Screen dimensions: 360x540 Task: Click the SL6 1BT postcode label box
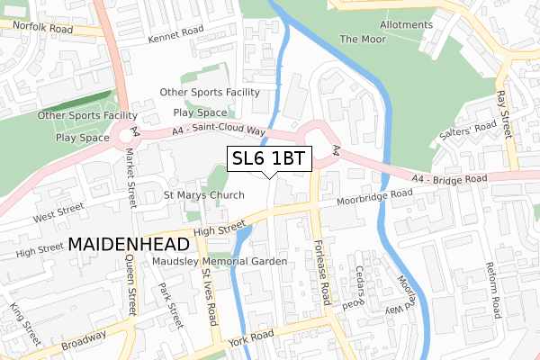coord(269,158)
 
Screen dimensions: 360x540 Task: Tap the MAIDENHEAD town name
coord(129,245)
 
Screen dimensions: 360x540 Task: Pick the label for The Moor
coord(362,40)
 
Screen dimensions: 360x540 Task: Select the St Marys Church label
coord(203,195)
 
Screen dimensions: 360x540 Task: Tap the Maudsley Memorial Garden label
coord(219,261)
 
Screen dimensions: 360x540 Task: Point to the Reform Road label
coord(492,291)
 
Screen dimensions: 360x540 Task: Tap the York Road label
coord(251,335)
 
